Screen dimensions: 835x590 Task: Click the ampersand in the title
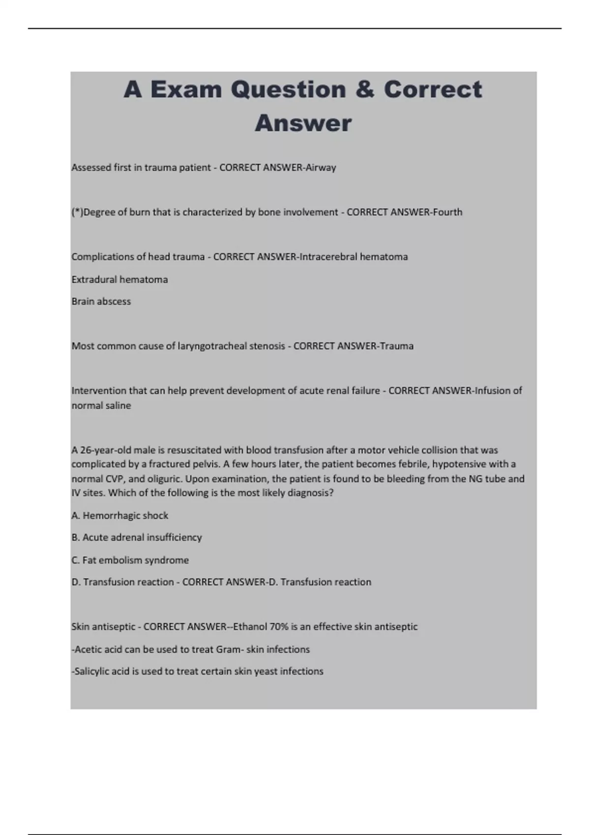point(363,89)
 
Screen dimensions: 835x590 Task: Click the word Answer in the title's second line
point(303,123)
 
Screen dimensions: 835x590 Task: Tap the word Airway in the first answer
point(321,167)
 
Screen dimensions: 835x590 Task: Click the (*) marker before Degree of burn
point(77,212)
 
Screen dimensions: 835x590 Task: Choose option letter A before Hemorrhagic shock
point(75,516)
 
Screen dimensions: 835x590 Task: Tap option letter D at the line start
point(76,582)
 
